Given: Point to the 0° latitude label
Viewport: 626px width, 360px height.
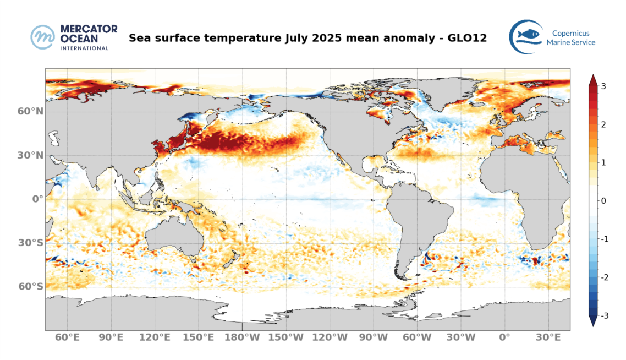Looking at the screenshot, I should pos(37,199).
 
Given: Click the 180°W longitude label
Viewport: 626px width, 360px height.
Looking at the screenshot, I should pos(241,337).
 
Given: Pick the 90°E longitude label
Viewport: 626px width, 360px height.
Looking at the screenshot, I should pos(111,337).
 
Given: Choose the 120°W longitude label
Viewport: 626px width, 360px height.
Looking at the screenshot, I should pos(329,337).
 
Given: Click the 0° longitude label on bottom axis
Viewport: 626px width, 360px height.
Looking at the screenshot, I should pos(504,337).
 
